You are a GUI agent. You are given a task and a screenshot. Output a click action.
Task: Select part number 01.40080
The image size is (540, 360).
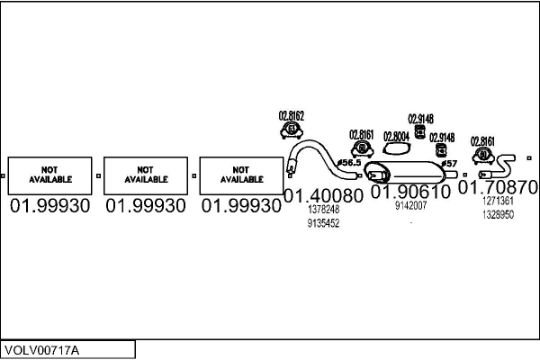(323, 195)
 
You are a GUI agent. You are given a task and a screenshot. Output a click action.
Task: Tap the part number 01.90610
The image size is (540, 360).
(410, 193)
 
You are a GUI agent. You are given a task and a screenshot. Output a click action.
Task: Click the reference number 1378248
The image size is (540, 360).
(323, 210)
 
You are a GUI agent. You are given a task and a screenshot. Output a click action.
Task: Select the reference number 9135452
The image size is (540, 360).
(323, 223)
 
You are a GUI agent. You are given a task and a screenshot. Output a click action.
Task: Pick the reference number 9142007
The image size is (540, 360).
(410, 206)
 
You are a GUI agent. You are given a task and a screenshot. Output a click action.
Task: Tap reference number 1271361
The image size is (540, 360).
(498, 202)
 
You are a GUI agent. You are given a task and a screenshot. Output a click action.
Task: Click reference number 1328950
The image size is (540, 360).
(498, 215)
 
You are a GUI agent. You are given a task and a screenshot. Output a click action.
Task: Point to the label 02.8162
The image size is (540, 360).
(291, 116)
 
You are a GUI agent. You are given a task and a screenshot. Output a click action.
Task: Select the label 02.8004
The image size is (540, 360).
(396, 137)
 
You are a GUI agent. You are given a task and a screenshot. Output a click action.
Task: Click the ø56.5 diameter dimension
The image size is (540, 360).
(348, 163)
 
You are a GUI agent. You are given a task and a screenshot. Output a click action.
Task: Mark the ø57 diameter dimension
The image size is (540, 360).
(449, 163)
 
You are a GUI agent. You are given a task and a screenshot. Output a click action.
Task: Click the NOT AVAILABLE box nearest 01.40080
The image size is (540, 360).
(240, 175)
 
